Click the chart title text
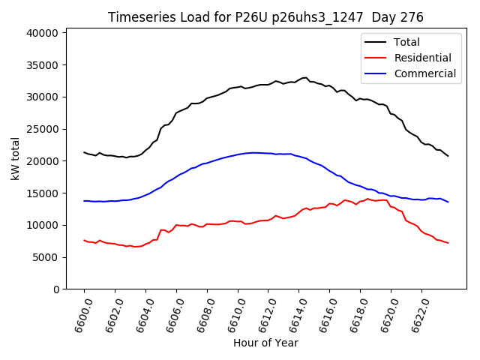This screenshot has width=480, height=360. click(x=265, y=17)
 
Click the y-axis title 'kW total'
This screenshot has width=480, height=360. click(x=16, y=159)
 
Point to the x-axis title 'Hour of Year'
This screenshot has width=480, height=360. click(x=265, y=343)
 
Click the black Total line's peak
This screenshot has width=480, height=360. click(x=304, y=77)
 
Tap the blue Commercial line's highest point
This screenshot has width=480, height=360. click(x=253, y=152)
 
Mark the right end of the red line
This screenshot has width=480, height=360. click(x=448, y=243)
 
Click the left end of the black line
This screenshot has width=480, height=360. click(x=84, y=152)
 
